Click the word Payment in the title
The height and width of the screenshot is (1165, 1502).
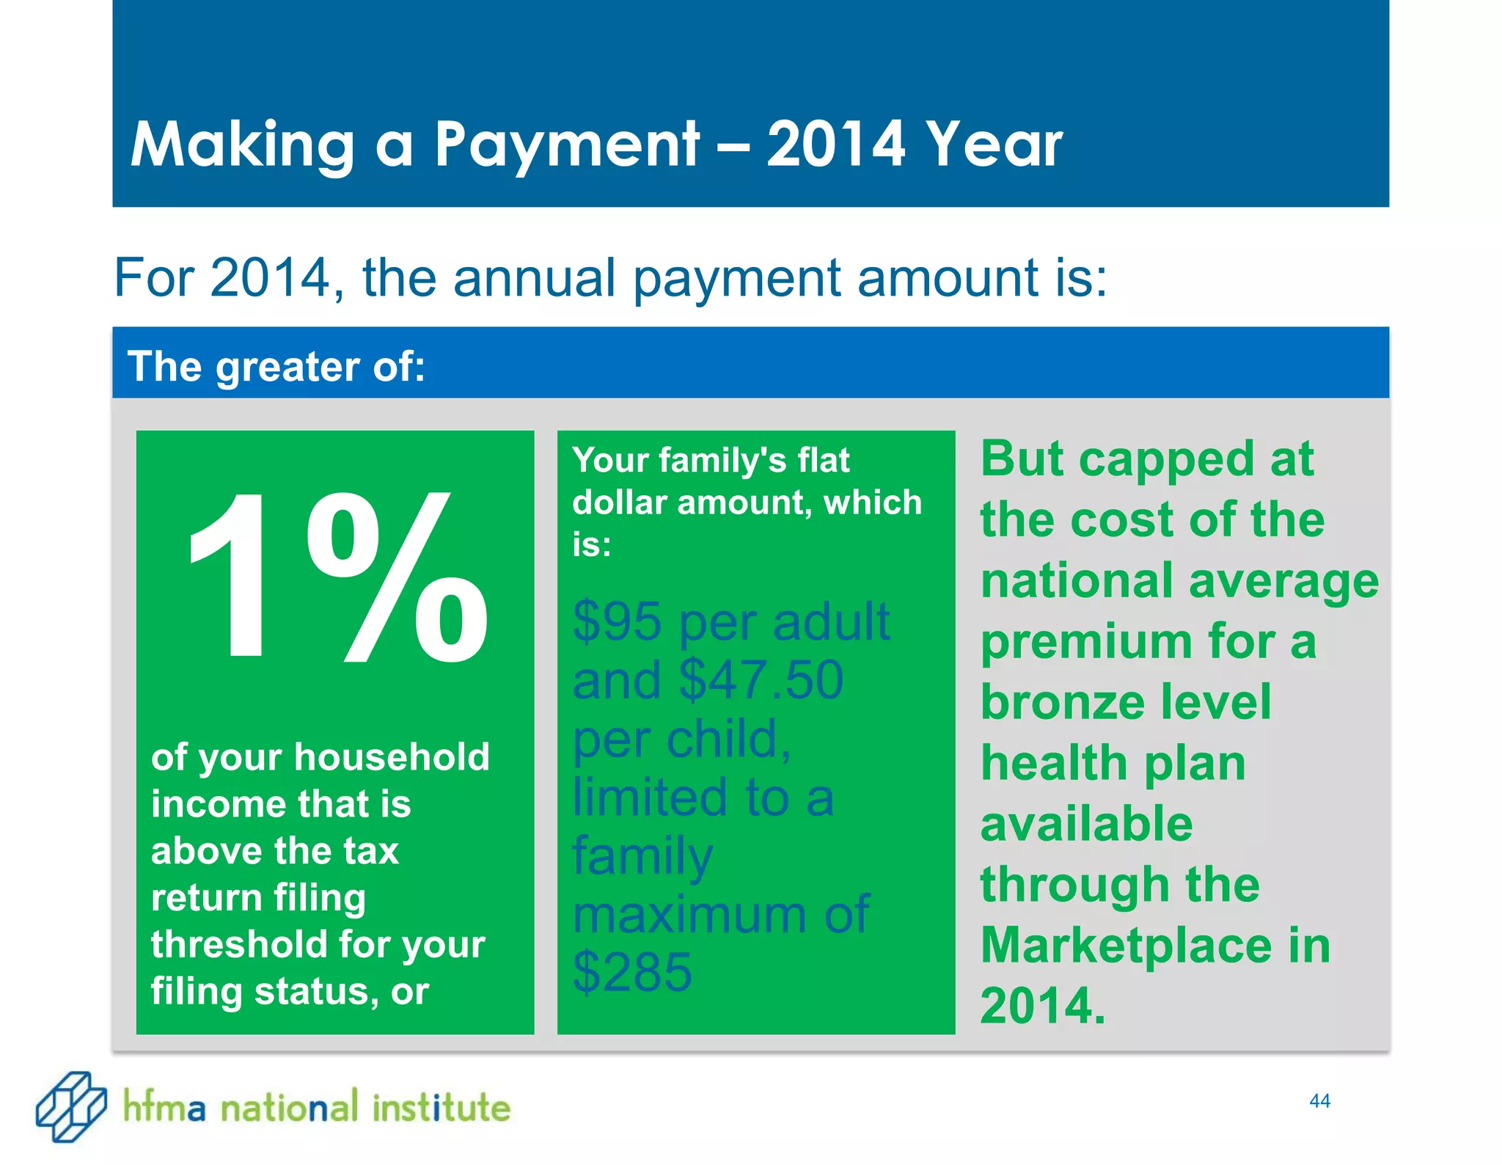coord(566,145)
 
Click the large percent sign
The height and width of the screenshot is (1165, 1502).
coord(397,577)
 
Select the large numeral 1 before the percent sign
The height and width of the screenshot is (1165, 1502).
coord(229,577)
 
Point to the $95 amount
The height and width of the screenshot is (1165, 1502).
coord(617,621)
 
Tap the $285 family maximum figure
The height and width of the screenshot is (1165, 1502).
coord(631,972)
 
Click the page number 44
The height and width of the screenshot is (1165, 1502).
coord(1319,1100)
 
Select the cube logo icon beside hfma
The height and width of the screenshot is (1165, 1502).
coord(71,1106)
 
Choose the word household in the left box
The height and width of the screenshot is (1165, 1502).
coord(392,756)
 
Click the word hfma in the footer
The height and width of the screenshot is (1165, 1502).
coord(164,1107)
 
